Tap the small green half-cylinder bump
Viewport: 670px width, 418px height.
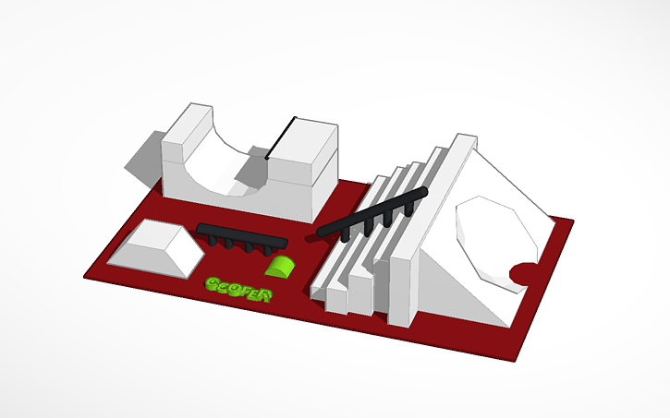click(279, 267)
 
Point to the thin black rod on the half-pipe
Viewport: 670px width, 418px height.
click(280, 138)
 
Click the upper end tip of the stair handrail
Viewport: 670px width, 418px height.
click(423, 191)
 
